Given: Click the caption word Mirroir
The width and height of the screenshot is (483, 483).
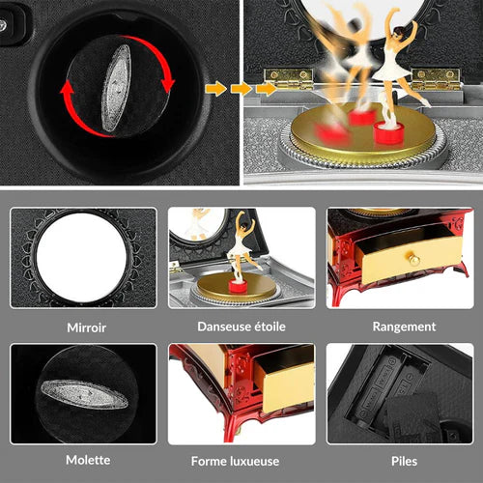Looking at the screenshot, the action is click(x=86, y=327).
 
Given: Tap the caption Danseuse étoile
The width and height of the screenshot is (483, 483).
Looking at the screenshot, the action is click(x=241, y=327).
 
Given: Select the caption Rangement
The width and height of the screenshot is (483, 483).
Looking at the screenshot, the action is click(x=404, y=327).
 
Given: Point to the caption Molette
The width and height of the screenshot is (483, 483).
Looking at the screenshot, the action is click(x=88, y=460).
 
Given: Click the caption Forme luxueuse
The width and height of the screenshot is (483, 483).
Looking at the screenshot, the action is click(x=235, y=461).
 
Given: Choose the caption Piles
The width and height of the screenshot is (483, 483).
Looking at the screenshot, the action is click(x=404, y=461).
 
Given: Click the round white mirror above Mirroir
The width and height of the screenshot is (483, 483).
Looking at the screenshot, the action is click(x=81, y=258).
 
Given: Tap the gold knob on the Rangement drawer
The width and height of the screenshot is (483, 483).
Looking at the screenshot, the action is click(x=414, y=260).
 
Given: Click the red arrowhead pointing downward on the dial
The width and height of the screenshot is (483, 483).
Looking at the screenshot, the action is click(x=168, y=85).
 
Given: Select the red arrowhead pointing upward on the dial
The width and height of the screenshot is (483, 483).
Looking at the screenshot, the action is click(x=68, y=89).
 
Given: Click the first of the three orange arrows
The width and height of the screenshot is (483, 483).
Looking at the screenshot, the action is click(x=215, y=89).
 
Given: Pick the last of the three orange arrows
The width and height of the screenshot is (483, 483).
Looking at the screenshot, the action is click(x=267, y=89).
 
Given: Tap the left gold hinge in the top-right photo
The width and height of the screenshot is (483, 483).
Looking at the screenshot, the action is click(x=288, y=78).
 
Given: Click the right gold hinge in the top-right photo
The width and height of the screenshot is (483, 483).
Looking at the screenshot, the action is click(x=437, y=78).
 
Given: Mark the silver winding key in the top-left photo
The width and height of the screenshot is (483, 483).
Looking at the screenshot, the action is click(x=116, y=89).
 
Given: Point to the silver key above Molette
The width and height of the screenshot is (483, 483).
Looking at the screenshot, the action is click(x=84, y=394).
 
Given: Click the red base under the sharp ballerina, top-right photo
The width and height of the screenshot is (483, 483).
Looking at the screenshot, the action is click(x=389, y=132).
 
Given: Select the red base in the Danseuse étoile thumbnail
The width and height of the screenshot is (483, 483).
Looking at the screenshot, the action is click(x=238, y=286).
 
